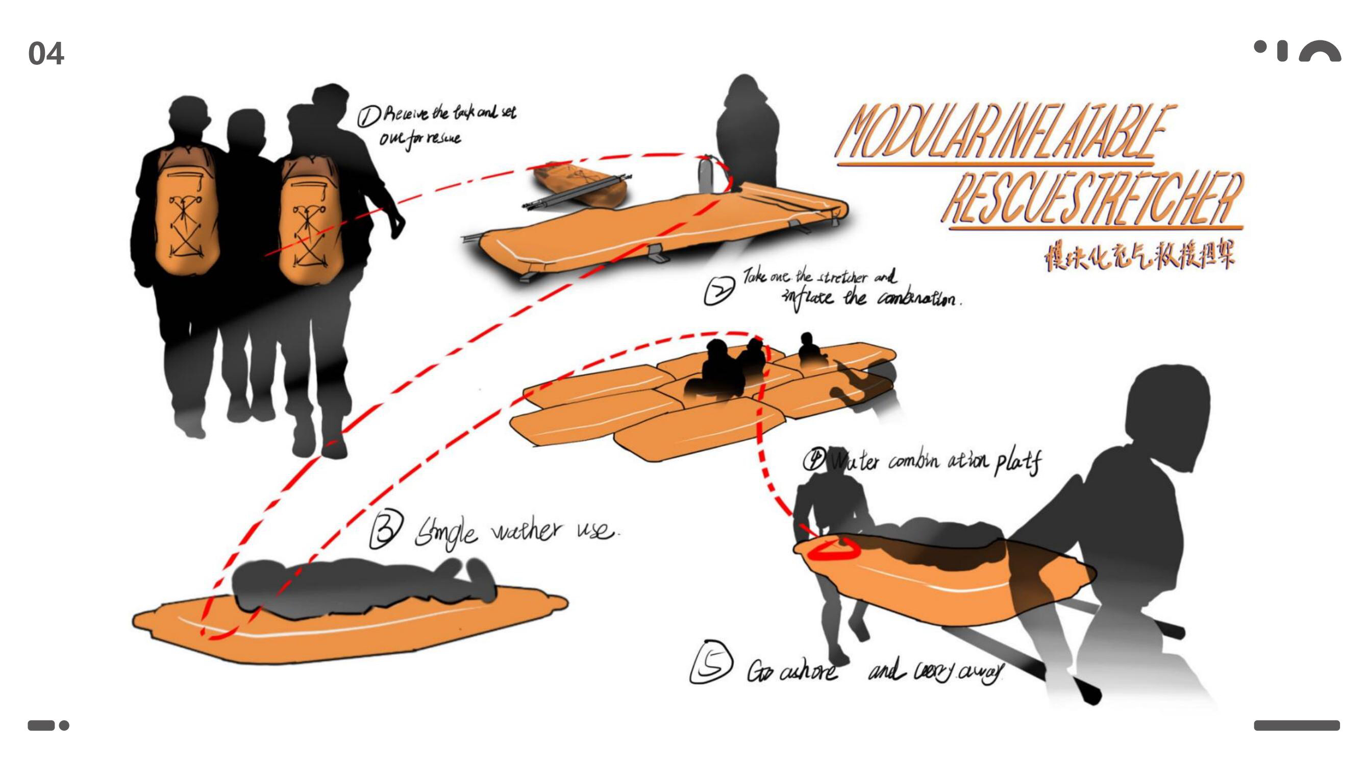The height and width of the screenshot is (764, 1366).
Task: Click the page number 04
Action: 46,54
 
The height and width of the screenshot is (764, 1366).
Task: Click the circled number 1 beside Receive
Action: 368,115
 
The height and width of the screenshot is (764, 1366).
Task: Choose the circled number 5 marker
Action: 711,663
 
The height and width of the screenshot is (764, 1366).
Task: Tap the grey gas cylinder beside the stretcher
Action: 705,175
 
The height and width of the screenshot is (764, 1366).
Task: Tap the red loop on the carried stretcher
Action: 833,549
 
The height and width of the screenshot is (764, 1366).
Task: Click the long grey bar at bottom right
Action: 1297,725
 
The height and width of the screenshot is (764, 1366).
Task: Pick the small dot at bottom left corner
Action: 64,725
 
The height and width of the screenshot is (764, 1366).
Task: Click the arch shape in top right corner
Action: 1320,53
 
